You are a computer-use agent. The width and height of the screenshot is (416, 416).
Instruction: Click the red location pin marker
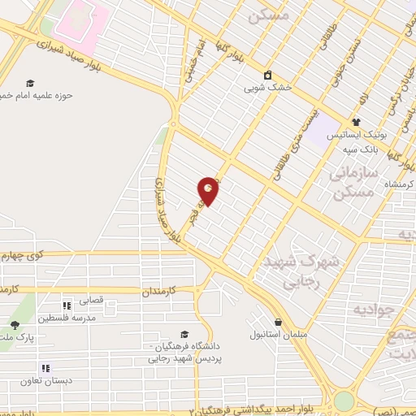(209, 191)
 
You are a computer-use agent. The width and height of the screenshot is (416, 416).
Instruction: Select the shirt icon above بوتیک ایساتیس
(355, 122)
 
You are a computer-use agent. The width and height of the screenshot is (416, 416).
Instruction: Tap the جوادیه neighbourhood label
(373, 310)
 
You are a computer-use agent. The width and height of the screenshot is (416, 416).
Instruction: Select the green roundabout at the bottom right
(344, 401)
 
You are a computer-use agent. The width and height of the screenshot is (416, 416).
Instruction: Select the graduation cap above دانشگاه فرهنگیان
(185, 334)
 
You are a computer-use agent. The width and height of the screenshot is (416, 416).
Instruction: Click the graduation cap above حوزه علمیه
(30, 83)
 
